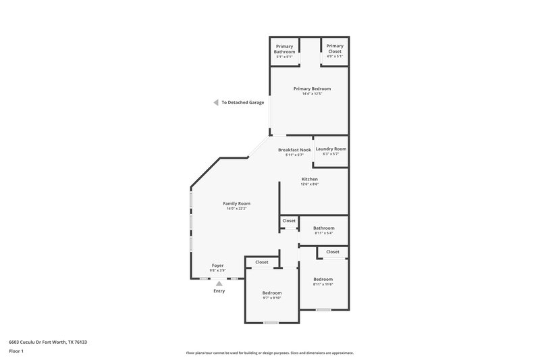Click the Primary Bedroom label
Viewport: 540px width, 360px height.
(x=312, y=88)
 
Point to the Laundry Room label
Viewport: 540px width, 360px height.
(x=331, y=149)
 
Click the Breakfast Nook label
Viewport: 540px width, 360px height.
(x=294, y=149)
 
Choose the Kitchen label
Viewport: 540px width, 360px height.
(x=310, y=179)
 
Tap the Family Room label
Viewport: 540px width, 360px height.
(x=237, y=203)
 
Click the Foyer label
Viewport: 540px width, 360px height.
(x=218, y=265)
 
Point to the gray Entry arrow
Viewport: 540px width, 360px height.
(x=219, y=284)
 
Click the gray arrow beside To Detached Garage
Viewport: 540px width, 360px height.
(x=215, y=103)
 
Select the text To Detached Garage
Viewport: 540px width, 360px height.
(x=243, y=103)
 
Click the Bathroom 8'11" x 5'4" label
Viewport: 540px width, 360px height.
(x=324, y=228)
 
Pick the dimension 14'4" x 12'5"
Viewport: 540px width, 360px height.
(x=312, y=94)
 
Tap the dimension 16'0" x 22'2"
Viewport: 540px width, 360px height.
(x=237, y=209)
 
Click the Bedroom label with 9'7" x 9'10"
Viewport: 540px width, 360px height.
(x=272, y=292)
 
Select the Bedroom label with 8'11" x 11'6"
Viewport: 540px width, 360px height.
(x=323, y=279)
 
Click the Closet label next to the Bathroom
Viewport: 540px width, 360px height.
(x=289, y=221)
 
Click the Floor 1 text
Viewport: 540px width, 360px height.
(x=16, y=351)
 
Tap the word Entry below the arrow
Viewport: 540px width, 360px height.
(x=219, y=291)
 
